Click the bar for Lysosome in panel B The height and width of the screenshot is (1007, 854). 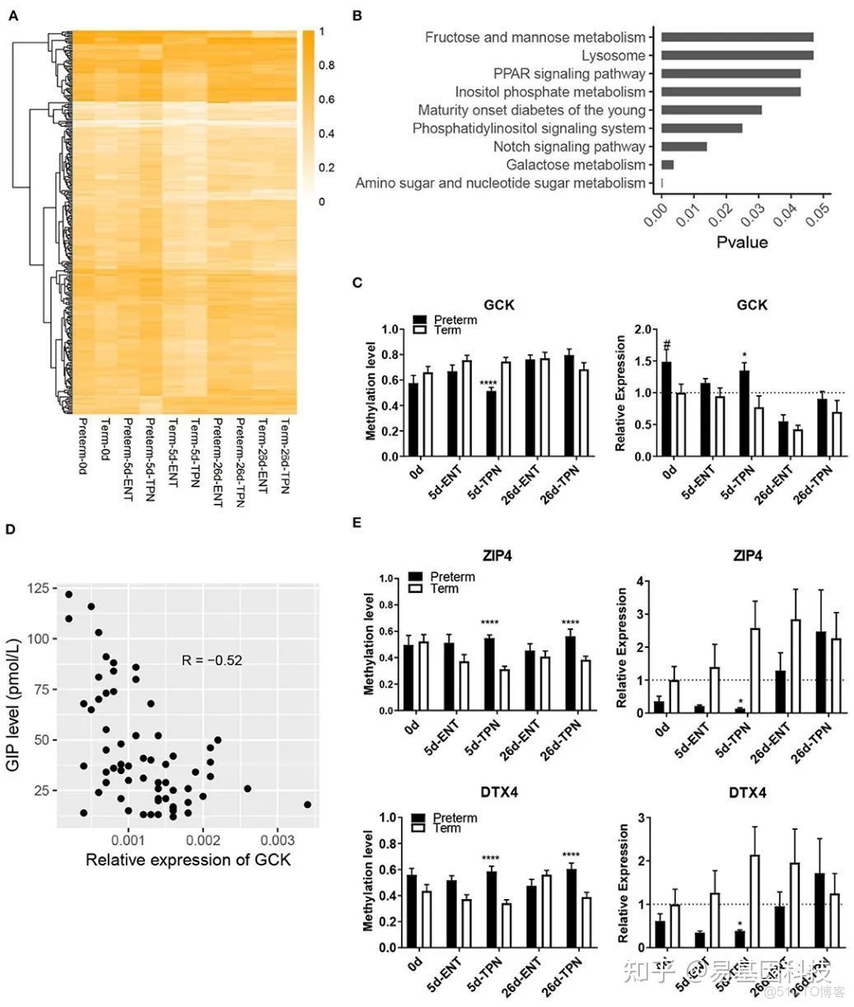[x=737, y=55]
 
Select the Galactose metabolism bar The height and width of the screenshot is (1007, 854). [x=667, y=165]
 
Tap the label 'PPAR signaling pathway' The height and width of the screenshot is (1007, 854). [x=569, y=73]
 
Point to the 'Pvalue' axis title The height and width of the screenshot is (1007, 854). [x=741, y=242]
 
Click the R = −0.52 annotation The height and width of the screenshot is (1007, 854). [x=212, y=660]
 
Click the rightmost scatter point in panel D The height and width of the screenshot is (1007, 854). [x=307, y=804]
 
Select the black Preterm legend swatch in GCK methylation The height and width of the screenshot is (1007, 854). [x=418, y=319]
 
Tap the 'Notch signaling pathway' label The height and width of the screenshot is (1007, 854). [x=569, y=147]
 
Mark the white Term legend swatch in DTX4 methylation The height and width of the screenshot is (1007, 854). [x=418, y=828]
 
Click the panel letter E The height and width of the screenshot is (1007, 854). [x=357, y=522]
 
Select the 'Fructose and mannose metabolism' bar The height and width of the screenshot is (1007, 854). [x=737, y=37]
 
